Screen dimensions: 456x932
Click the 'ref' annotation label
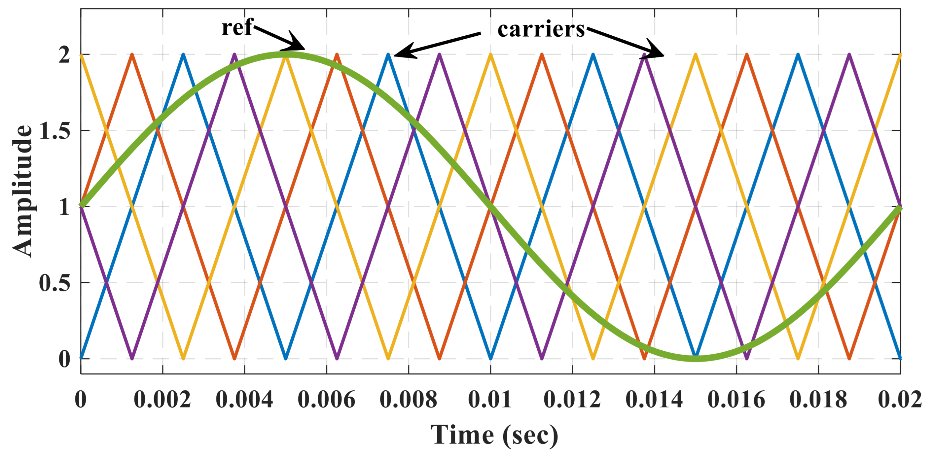[237, 28]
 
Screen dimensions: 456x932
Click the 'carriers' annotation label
[541, 29]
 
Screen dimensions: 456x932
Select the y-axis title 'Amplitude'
[23, 191]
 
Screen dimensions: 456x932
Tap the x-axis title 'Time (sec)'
[494, 435]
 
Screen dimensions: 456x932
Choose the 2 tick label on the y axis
[64, 55]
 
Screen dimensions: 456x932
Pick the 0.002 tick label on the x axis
[162, 400]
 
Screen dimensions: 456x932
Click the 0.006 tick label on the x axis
[326, 400]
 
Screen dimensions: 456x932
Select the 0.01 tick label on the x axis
[490, 400]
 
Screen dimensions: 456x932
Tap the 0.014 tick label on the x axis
[654, 400]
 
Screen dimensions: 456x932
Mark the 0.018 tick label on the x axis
[818, 400]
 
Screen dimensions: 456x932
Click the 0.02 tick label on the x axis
[900, 400]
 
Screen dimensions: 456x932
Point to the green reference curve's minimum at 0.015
[696, 358]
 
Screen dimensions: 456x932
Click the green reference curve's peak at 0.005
[286, 55]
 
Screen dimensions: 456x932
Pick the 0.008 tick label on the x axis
[408, 400]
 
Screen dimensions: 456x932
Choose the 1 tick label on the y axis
[64, 207]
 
